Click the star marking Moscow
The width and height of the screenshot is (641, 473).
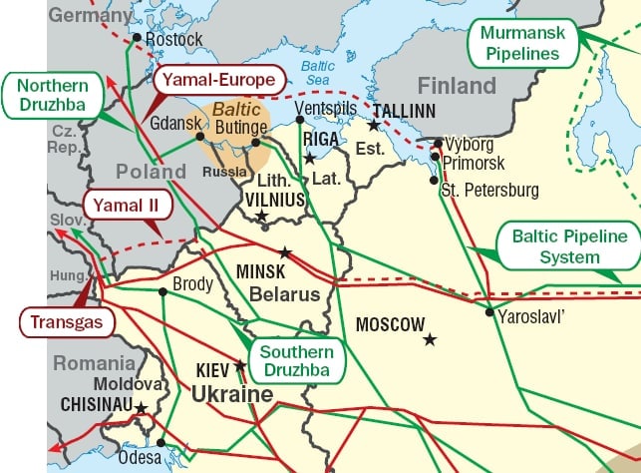click(x=430, y=340)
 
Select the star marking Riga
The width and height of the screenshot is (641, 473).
click(x=310, y=158)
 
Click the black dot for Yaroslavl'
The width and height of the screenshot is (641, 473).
click(x=489, y=312)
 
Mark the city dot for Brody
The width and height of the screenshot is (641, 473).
click(x=161, y=291)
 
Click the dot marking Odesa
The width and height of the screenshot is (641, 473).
click(x=160, y=442)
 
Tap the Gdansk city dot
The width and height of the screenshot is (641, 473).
click(x=200, y=136)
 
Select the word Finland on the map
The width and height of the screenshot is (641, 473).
click(x=457, y=84)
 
